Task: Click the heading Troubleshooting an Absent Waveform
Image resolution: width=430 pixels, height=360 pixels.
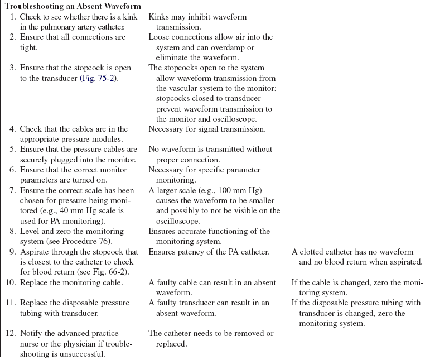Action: coord(73,6)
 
